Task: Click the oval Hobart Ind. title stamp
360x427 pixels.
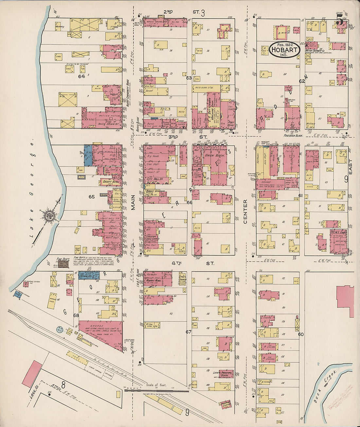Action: (x=284, y=50)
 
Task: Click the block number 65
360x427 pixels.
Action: (x=91, y=197)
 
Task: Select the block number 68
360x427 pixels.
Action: (x=76, y=315)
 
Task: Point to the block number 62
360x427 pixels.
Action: (x=301, y=81)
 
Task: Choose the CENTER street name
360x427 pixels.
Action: (x=245, y=211)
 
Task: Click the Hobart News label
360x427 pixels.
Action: (x=154, y=281)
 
